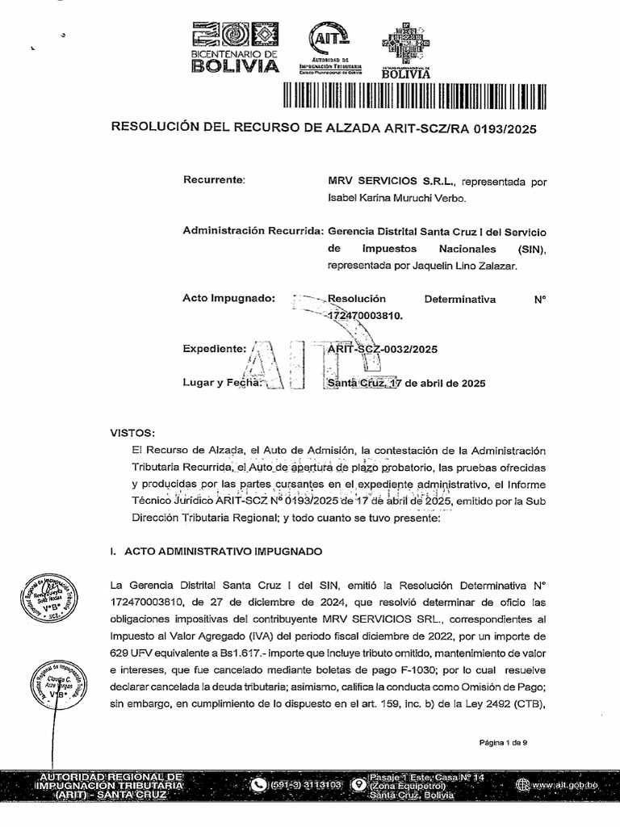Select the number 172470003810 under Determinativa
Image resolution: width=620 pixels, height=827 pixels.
364,317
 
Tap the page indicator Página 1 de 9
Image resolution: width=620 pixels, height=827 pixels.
503,742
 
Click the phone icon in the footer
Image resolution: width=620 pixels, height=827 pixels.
258,784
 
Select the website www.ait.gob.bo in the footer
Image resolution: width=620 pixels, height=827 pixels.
565,784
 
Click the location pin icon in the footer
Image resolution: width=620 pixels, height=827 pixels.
356,784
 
